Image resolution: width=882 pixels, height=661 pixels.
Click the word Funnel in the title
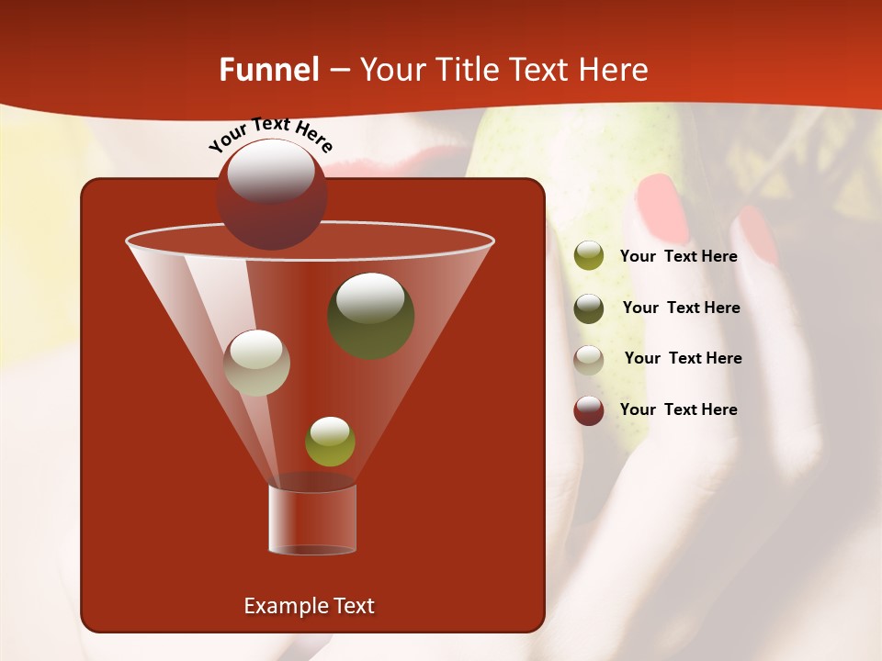pos(269,70)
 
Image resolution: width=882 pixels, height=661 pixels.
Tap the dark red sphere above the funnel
pos(271,194)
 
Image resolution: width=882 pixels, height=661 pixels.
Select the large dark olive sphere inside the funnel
pos(370,315)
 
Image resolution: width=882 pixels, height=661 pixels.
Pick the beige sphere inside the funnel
pos(256,363)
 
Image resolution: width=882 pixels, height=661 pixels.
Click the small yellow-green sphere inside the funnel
pos(330,442)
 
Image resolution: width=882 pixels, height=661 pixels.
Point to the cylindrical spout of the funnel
pos(311,519)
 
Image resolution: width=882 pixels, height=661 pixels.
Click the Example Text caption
pos(309,606)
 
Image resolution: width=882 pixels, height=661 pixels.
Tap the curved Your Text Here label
pos(270,134)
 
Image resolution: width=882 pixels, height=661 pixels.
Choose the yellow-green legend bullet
pos(589,256)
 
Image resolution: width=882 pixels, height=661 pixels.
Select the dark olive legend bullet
pos(589,308)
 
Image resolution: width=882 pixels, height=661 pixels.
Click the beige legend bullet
pos(589,359)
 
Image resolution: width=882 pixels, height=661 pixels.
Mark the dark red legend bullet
pos(589,410)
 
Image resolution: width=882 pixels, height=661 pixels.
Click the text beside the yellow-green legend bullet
pos(678,256)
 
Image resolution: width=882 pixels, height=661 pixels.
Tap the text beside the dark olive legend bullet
pos(681,308)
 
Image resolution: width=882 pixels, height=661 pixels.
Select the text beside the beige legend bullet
pos(683,358)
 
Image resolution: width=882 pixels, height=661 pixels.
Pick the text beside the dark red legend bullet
pos(678,409)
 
